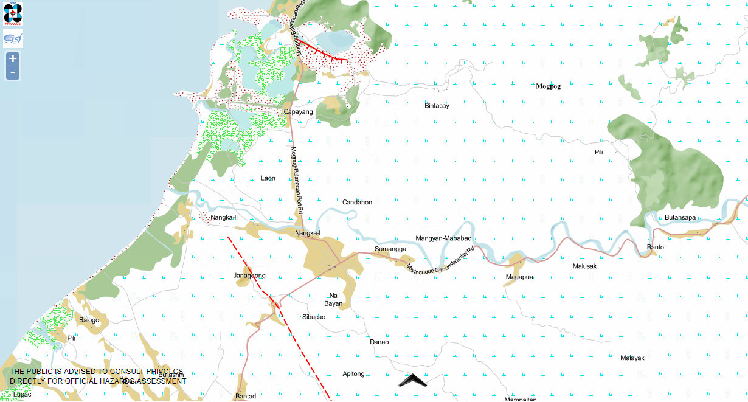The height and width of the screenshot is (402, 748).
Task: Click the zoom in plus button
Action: coord(13,59)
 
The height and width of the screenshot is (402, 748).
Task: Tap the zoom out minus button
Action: coord(13,74)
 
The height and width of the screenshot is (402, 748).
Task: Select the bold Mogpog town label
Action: coord(548,86)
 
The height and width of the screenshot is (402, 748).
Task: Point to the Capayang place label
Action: coord(298,112)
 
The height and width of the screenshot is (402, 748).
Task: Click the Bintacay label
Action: coord(437,106)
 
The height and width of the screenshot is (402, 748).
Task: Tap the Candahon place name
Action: coord(357,202)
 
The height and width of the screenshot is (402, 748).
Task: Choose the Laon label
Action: coord(268,178)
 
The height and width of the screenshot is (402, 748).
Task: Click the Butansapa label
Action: coord(680,217)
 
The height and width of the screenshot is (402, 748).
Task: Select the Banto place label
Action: coord(655,247)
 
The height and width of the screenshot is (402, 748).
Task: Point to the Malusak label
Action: coord(584,266)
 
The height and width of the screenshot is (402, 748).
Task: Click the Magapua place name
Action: coord(519,277)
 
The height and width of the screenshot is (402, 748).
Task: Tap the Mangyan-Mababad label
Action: coord(443,238)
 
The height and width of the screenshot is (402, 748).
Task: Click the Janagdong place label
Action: coord(249,276)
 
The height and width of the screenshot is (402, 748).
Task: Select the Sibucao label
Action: coord(314,317)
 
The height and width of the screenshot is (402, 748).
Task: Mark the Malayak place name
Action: coord(632,358)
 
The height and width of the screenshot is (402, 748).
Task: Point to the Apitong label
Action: coord(353,373)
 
